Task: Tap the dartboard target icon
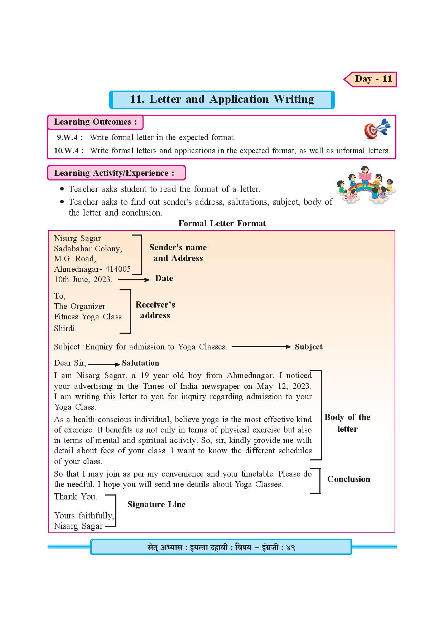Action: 377,129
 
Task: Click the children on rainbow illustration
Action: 366,185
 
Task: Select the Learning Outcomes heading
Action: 95,122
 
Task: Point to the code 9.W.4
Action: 69,137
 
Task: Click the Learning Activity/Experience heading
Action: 114,173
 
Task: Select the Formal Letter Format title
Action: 222,224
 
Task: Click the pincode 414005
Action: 118,269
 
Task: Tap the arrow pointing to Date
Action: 134,280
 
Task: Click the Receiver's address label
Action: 155,310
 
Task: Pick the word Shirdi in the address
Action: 65,328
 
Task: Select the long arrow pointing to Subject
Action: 261,347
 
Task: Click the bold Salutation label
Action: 140,363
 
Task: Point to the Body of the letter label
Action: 347,423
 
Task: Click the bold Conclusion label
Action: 349,479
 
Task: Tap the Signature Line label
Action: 156,505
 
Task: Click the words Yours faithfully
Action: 84,516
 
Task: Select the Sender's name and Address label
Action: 178,253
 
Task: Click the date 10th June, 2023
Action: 83,280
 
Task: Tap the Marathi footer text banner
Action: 221,547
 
